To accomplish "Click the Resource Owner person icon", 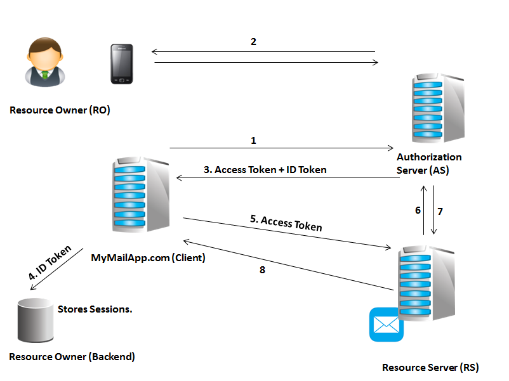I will tap(45, 61).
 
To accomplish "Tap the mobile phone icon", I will tap(122, 63).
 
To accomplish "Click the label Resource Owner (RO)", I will tap(60, 110).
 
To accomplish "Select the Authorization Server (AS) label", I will tap(429, 162).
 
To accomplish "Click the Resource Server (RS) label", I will tap(430, 367).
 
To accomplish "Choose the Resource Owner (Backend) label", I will tap(72, 356).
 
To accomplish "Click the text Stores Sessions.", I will tap(95, 309).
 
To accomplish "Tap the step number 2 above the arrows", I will tap(254, 42).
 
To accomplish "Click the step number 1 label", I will tap(253, 140).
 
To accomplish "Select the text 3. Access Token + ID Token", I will tap(265, 169).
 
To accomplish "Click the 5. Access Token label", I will tap(286, 223).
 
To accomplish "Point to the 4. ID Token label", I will tap(50, 262).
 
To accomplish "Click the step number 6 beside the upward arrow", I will tap(418, 210).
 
